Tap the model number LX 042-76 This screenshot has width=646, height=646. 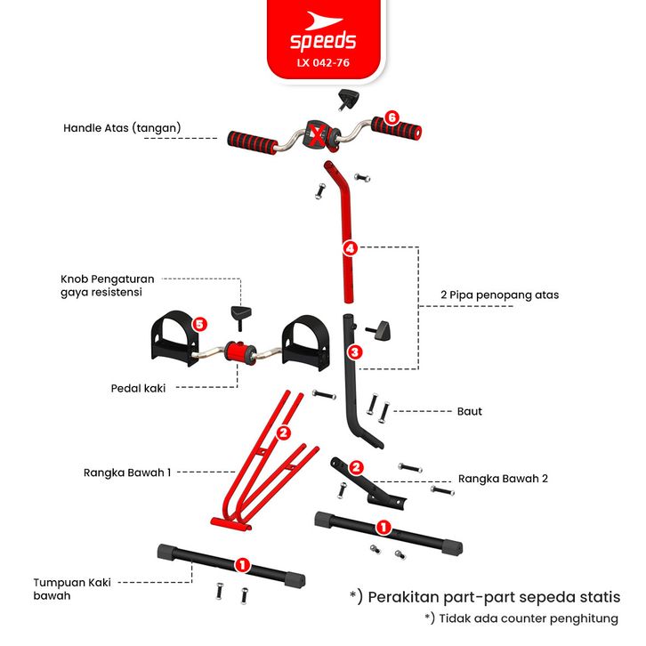(x=323, y=63)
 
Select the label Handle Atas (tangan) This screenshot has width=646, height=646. (x=122, y=128)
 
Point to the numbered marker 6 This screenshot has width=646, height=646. (x=392, y=118)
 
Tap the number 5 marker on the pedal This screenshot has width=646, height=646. (x=199, y=325)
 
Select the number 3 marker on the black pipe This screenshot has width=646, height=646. (x=354, y=352)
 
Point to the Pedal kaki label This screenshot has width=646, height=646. (x=139, y=388)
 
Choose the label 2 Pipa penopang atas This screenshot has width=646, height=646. (x=499, y=295)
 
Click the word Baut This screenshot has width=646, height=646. (x=469, y=412)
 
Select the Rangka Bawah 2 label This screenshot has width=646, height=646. (x=503, y=478)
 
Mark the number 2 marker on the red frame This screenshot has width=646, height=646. (x=284, y=433)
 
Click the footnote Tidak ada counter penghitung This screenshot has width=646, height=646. (x=522, y=618)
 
